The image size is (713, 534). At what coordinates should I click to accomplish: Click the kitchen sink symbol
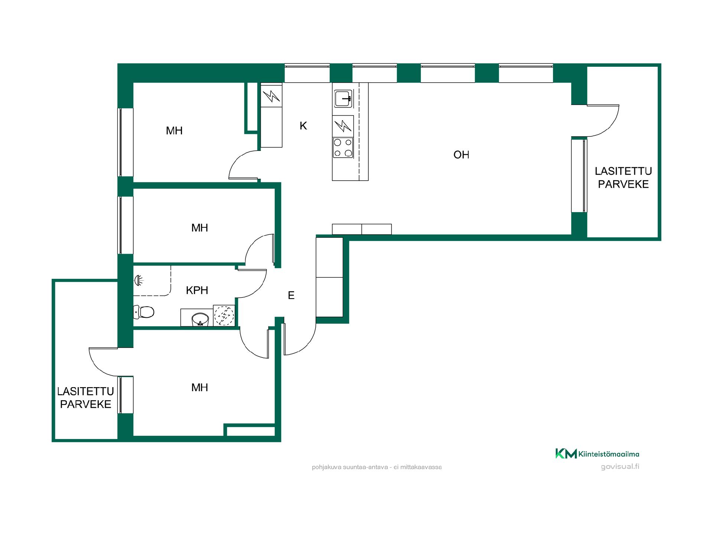coord(343,99)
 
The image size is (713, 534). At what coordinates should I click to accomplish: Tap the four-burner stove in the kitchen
coord(343,148)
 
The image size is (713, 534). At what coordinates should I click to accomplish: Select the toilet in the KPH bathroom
coord(143,312)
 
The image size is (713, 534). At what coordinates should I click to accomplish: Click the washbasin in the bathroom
coord(201,319)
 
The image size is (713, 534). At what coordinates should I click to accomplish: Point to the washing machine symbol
coord(224,316)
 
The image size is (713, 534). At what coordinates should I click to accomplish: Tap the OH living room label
coord(461,155)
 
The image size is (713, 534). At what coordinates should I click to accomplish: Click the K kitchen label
coord(303,126)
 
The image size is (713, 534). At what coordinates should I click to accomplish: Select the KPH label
coord(197,290)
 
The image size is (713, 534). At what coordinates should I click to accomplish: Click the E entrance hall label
coord(291,296)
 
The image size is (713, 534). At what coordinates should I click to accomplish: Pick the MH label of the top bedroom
coord(174,131)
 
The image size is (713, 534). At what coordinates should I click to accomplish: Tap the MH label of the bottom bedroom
coord(199,388)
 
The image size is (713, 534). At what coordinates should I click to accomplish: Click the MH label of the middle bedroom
coord(199,228)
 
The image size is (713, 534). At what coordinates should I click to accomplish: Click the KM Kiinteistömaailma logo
coord(597,454)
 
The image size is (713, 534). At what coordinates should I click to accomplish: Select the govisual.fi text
coord(620,467)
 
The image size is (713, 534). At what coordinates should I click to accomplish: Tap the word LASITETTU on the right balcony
coord(623,171)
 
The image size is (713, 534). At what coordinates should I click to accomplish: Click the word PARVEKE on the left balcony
coord(86,404)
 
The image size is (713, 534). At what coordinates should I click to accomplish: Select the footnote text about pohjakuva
coord(377,467)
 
